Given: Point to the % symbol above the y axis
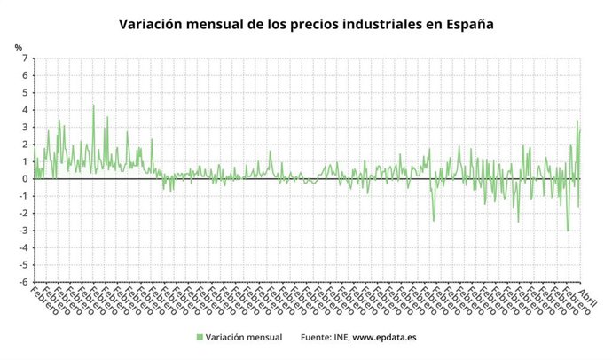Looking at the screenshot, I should [18, 47].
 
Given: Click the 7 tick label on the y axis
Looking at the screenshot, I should [25, 59].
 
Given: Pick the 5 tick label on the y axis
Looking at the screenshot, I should [25, 93].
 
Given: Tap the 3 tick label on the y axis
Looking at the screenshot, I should [25, 128].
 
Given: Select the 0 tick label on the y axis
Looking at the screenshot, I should [25, 179].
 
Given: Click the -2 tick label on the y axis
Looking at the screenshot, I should [23, 214].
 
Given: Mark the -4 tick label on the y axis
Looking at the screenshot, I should [23, 248].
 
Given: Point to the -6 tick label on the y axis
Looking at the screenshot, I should [23, 282].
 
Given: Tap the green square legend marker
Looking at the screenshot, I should [199, 337].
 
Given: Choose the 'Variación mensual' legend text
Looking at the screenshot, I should [243, 337].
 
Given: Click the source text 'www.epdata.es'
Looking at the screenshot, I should [384, 337].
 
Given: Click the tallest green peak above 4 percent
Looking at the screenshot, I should [93, 106].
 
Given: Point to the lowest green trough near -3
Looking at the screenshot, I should [568, 231].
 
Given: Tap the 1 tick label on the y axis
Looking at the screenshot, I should [25, 162].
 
